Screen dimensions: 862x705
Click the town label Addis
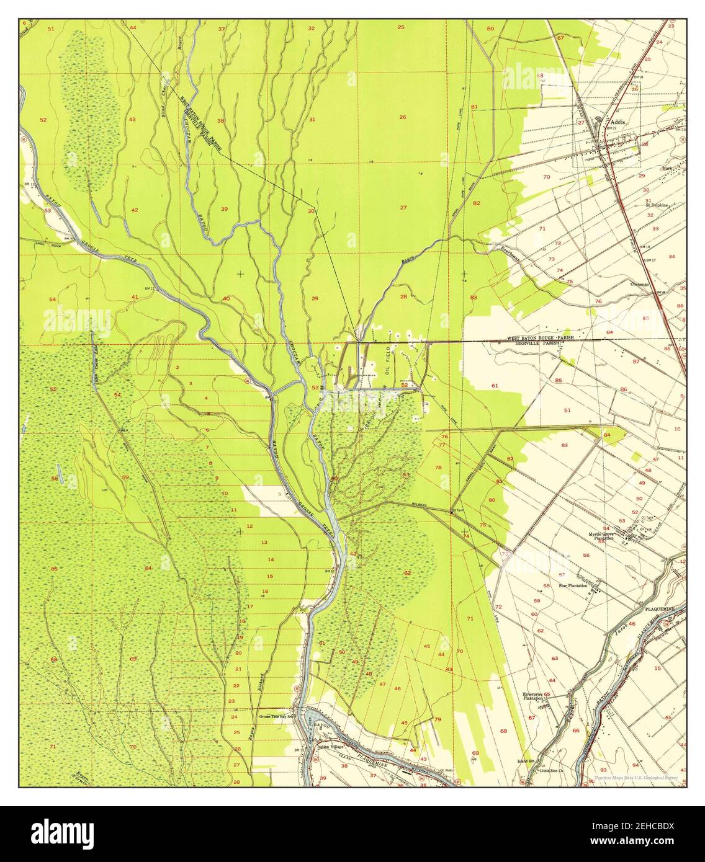617,122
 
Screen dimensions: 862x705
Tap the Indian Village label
330,747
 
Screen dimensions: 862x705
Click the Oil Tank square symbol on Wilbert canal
451,512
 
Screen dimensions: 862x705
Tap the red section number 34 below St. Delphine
671,256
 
